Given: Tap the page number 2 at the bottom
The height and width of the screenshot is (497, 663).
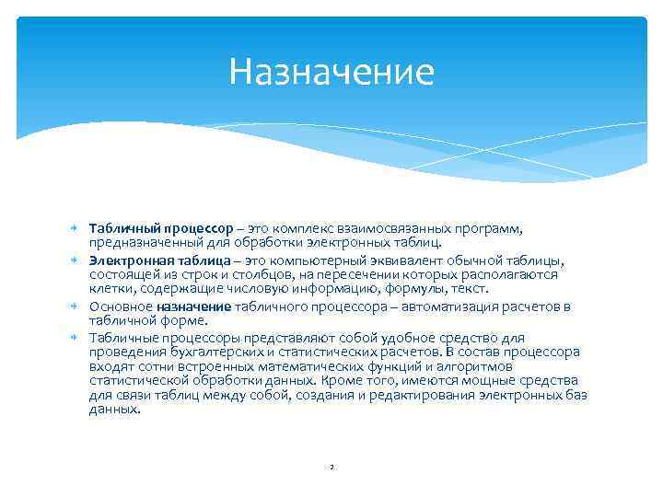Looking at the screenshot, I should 331,467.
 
